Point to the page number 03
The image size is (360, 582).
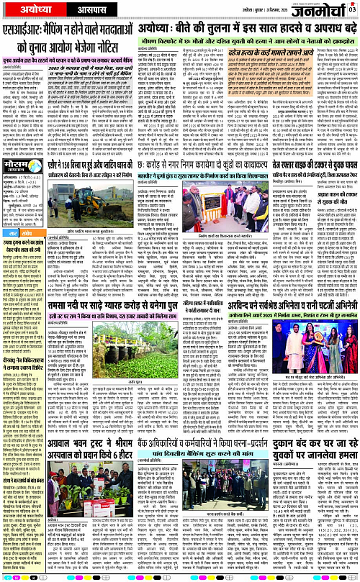pyautogui.click(x=352, y=9)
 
